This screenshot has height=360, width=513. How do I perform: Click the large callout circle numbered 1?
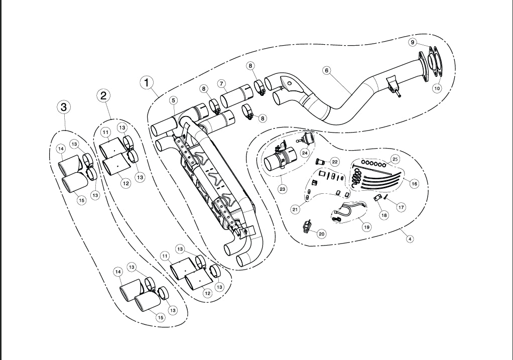click(x=146, y=82)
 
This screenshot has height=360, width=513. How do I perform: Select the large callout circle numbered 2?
click(x=103, y=95)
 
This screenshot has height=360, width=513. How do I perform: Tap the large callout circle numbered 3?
click(x=63, y=106)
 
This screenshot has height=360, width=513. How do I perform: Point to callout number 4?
click(x=410, y=239)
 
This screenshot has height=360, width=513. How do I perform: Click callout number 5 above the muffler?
click(x=173, y=100)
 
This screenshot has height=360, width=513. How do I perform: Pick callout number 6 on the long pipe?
click(x=326, y=70)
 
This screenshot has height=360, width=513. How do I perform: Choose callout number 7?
click(x=221, y=83)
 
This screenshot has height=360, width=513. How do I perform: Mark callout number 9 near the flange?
click(x=412, y=43)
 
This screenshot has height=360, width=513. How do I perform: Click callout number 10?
click(x=437, y=88)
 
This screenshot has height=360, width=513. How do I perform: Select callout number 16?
click(x=414, y=184)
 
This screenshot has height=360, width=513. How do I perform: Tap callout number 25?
click(x=395, y=159)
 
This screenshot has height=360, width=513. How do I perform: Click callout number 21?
click(x=295, y=209)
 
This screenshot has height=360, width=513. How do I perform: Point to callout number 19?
click(x=366, y=227)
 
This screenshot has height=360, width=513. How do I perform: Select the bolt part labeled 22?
click(x=318, y=161)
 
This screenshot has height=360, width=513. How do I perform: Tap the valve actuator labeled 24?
click(x=306, y=138)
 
